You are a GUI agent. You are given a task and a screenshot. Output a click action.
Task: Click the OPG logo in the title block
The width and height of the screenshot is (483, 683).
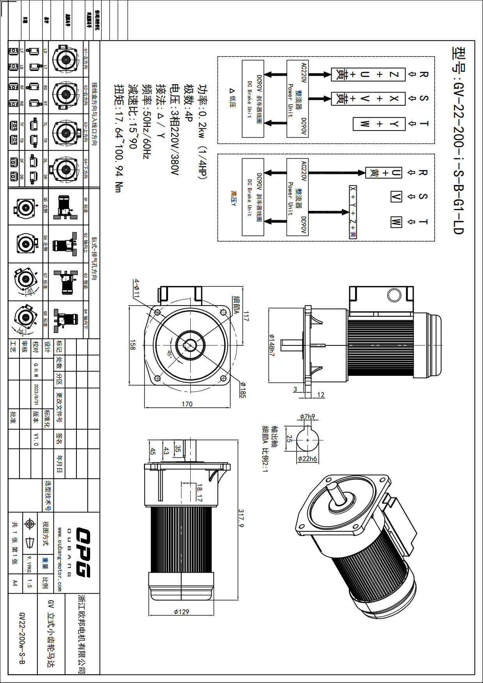83,552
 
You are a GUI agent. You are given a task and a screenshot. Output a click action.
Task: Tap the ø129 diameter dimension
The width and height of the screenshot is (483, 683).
181,612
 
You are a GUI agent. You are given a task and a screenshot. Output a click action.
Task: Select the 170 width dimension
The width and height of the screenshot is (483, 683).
187,404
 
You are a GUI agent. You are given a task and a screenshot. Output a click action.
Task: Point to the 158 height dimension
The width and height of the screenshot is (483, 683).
133,345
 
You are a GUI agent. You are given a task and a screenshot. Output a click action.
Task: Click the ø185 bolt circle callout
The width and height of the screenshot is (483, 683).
242,390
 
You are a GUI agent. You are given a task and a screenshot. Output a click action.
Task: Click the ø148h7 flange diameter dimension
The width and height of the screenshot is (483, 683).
272,345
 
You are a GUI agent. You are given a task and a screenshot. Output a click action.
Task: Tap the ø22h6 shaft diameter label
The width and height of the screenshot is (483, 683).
308,459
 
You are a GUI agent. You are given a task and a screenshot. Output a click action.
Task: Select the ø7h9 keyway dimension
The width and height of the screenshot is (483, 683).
308,417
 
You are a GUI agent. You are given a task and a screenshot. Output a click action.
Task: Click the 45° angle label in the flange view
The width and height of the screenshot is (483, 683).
170,354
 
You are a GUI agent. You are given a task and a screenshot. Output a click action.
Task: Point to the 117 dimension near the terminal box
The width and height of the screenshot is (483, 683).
246,316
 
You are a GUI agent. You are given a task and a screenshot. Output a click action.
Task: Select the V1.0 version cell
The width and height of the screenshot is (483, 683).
36,439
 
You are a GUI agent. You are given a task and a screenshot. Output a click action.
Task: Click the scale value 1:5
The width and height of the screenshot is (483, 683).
29,584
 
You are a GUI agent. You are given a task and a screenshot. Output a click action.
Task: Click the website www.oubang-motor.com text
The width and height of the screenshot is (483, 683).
59,559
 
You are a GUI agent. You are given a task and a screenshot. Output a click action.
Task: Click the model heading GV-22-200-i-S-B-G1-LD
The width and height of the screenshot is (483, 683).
458,140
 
